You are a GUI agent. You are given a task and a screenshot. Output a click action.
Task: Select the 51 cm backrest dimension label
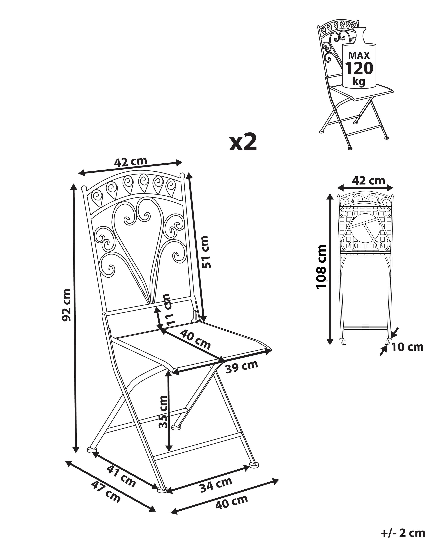204,252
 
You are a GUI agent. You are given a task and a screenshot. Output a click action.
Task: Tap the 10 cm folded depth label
407,347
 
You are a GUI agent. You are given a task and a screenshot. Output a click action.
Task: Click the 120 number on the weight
359,68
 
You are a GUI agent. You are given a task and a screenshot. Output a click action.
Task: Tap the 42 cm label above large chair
130,161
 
